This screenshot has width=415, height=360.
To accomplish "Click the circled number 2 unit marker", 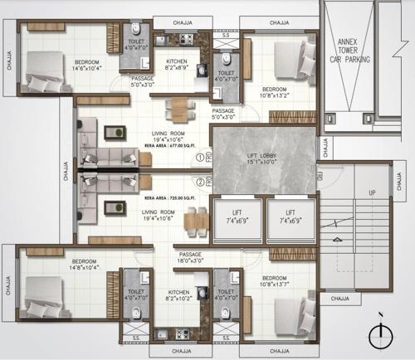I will pos(199,182).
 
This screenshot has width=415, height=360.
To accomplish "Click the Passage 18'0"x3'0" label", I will pos(191,258).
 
